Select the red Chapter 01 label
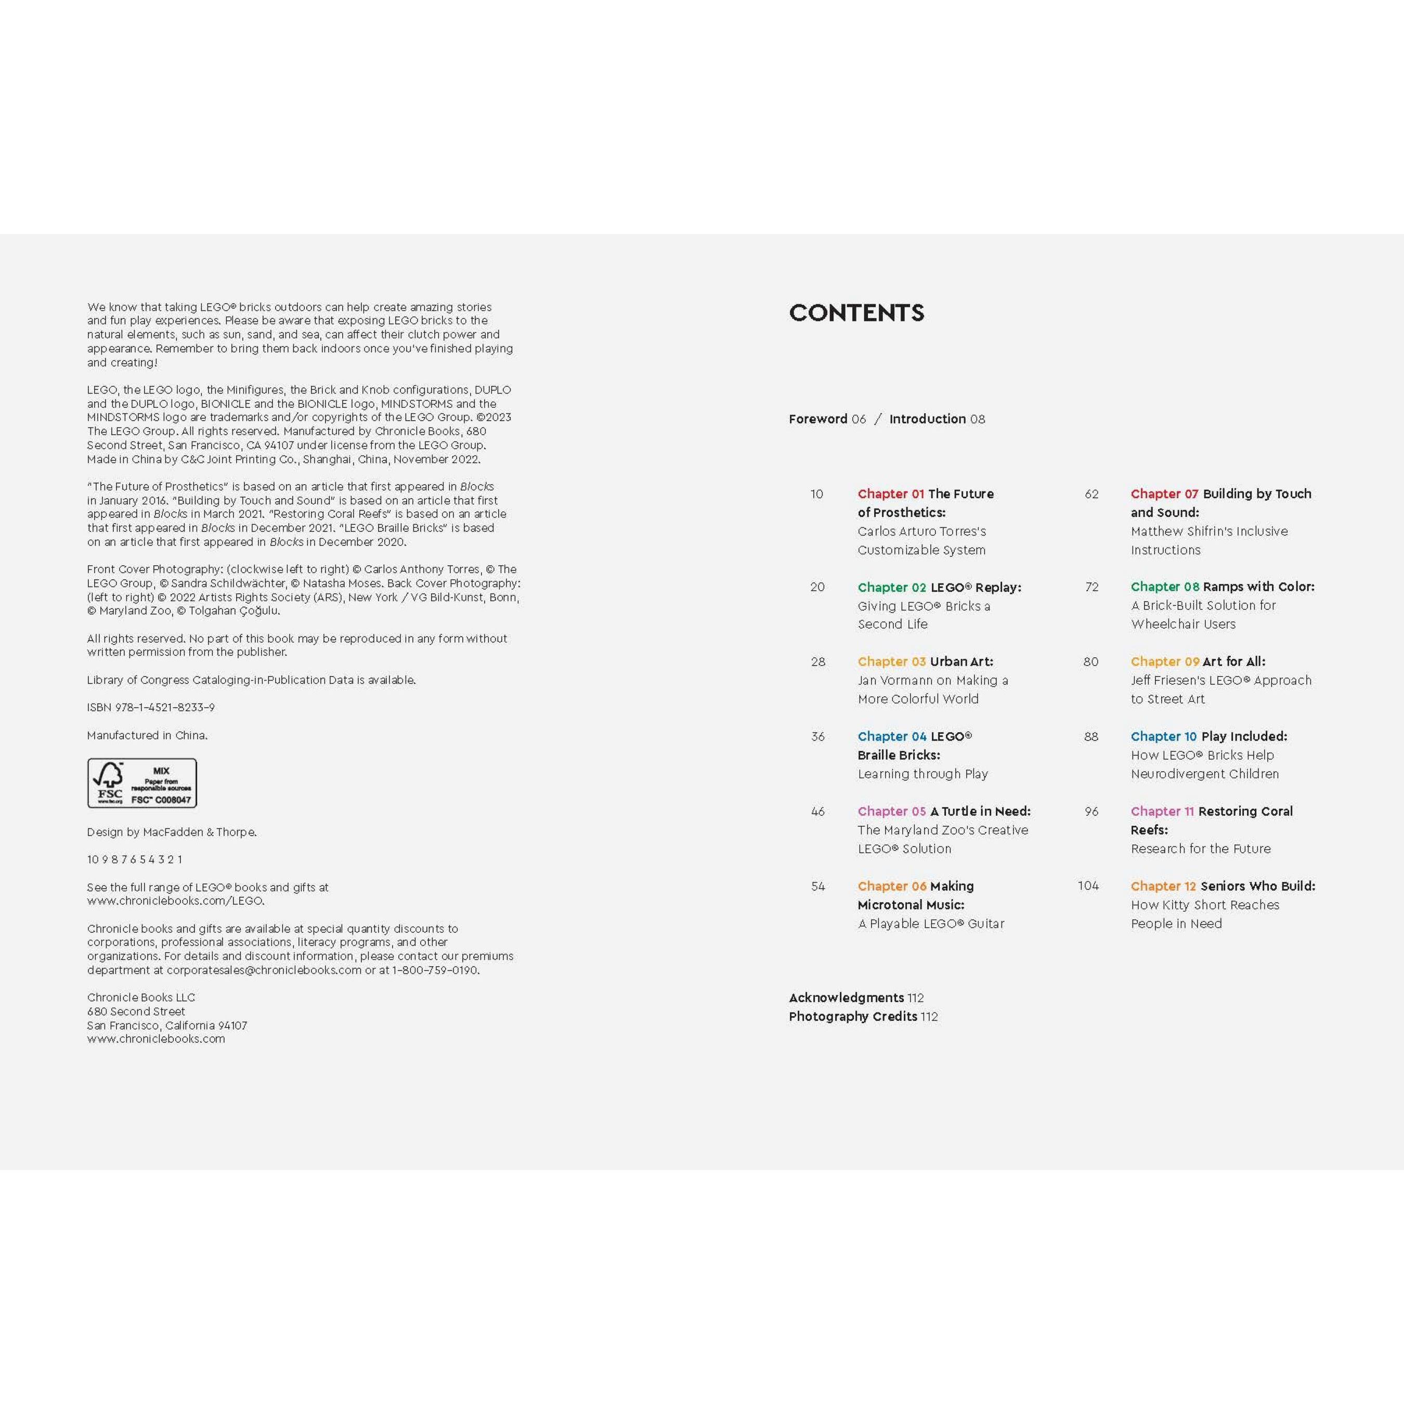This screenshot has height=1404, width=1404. (890, 494)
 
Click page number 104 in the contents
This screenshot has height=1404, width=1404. (1088, 886)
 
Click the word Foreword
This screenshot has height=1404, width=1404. (817, 419)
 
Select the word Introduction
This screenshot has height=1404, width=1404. (927, 419)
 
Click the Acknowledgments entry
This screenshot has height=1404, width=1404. (846, 998)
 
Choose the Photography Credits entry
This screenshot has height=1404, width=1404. (852, 1017)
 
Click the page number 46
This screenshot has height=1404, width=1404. (817, 812)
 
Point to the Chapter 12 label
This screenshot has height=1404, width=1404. (1163, 887)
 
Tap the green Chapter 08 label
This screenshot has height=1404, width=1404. (1164, 587)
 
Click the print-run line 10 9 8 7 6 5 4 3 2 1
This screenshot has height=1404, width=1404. (135, 860)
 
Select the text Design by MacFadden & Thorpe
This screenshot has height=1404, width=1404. (172, 832)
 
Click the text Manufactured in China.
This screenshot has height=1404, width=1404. (147, 735)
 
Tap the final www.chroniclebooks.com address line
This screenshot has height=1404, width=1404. (155, 1039)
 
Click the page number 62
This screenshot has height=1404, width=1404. (1091, 494)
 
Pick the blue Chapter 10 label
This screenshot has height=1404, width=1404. (1163, 737)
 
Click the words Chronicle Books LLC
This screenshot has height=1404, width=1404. (141, 998)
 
